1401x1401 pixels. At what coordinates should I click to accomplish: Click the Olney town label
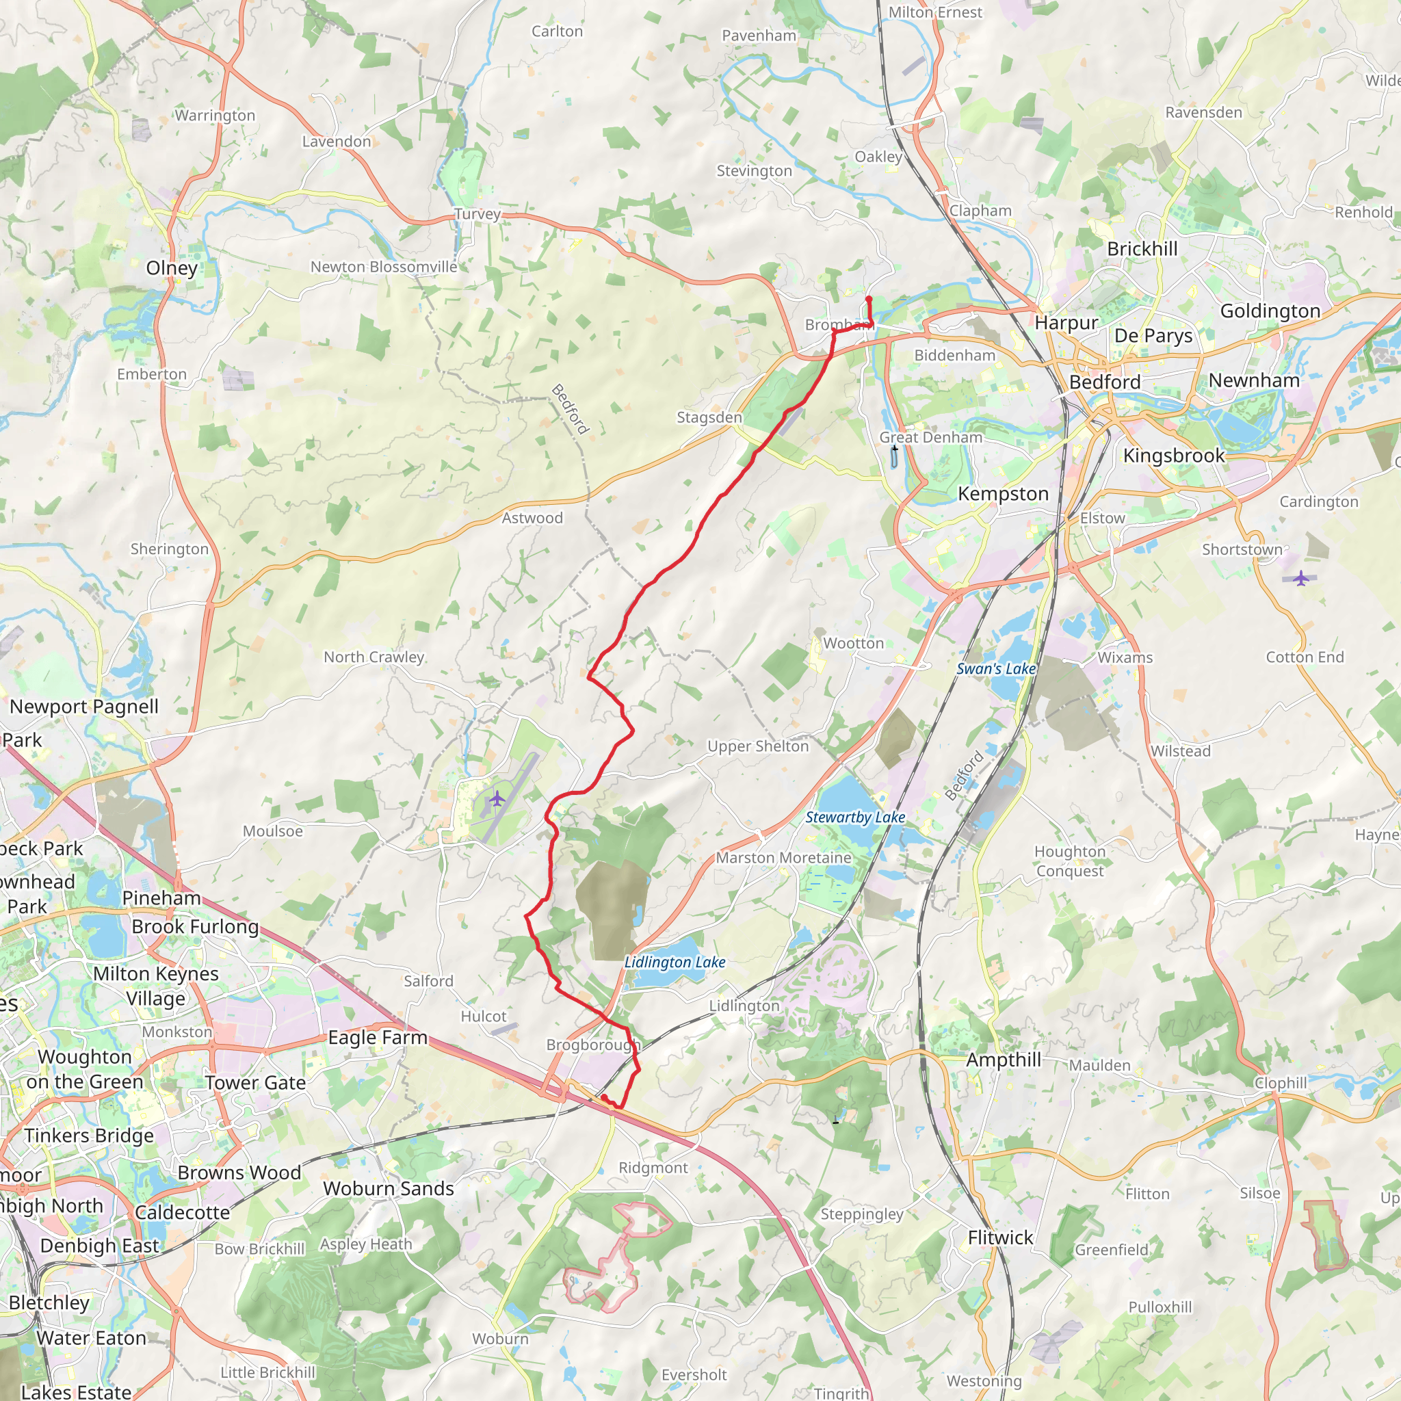tap(172, 267)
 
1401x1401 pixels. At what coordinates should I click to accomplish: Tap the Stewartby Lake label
tap(855, 817)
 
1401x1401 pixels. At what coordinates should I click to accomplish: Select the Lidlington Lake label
tap(675, 962)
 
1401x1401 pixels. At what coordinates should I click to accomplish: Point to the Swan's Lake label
tap(995, 668)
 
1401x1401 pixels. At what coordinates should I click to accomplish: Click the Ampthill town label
tap(1003, 1060)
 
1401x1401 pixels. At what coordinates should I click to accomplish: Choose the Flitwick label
tap(1000, 1238)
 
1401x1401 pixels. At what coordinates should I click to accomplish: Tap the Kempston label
tap(1003, 494)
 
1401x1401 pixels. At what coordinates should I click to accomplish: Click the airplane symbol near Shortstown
tap(1302, 578)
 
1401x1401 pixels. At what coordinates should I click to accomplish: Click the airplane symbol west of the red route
tap(497, 799)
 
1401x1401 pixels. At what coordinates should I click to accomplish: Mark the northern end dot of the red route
tap(869, 299)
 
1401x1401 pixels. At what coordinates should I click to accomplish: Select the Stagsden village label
tap(709, 417)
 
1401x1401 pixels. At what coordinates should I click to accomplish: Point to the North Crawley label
tap(374, 657)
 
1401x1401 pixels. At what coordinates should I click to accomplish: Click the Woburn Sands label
tap(389, 1188)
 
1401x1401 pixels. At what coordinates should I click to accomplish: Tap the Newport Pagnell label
tap(84, 706)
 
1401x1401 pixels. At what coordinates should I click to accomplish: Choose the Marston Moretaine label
tap(783, 857)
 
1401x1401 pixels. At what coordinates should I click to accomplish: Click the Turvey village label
tap(477, 214)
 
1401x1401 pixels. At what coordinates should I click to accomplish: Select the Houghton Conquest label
tap(1070, 861)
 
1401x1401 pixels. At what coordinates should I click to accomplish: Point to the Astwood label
tap(532, 518)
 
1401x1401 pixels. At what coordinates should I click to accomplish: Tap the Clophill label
tap(1280, 1083)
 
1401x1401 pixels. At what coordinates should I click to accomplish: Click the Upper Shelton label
tap(758, 746)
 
